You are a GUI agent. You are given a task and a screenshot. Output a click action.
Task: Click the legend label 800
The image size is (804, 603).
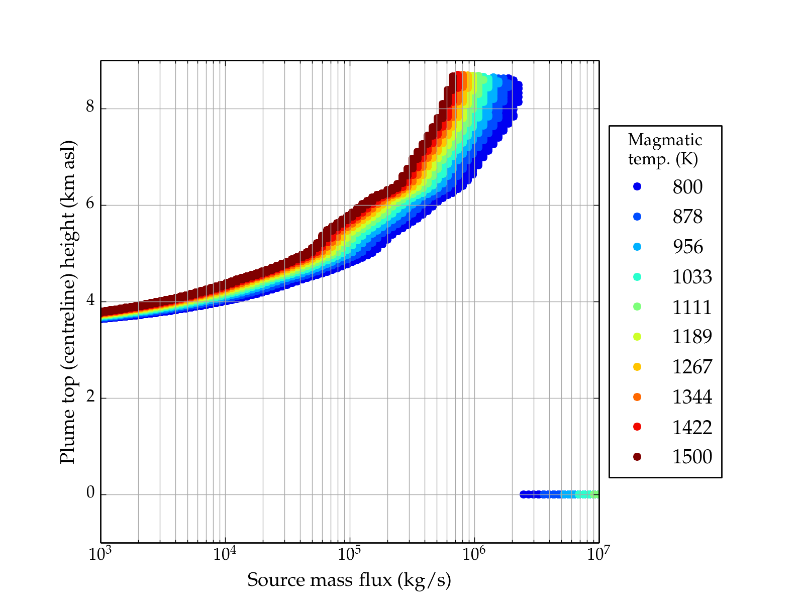click(687, 187)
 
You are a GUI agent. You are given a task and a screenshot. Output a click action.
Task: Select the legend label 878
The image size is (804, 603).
click(687, 217)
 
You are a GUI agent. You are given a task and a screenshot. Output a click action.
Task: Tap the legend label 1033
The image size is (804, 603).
click(692, 277)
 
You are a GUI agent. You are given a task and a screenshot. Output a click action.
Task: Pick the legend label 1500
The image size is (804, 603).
click(692, 457)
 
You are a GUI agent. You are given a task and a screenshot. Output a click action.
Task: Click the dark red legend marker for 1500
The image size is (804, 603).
click(637, 456)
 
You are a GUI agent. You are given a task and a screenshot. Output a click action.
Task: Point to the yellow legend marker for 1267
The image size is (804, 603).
click(637, 367)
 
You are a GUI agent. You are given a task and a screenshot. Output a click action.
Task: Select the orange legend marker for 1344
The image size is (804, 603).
click(637, 397)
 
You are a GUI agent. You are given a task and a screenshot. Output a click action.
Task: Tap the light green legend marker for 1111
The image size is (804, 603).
click(637, 307)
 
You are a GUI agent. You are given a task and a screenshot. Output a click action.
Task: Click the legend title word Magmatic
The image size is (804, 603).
click(665, 140)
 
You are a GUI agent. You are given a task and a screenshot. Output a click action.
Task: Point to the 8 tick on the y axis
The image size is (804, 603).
click(90, 107)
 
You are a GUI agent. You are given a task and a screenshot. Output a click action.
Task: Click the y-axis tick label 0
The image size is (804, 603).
click(90, 493)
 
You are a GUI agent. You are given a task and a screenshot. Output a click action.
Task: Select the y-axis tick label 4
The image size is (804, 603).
click(90, 300)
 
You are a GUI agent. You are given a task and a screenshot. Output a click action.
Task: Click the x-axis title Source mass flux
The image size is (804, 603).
click(349, 580)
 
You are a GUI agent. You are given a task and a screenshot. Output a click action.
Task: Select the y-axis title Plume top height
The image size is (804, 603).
click(68, 301)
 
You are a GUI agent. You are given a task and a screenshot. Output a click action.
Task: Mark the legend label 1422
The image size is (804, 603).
click(692, 427)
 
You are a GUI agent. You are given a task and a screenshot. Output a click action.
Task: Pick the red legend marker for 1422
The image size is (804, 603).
click(637, 427)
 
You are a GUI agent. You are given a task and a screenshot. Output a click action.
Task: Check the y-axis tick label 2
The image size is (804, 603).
click(90, 396)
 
